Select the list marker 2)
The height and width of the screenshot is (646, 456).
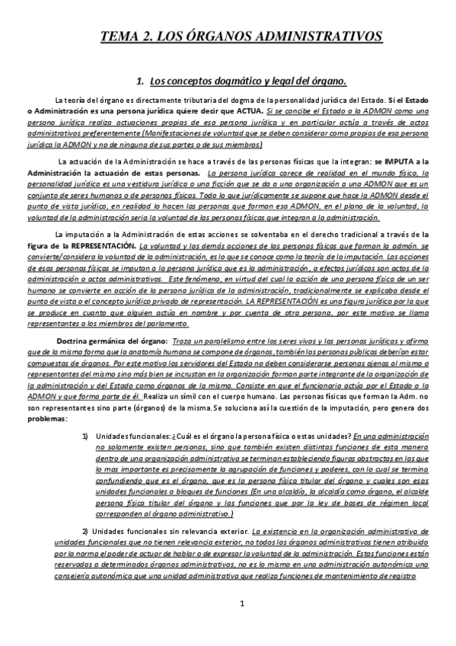pyautogui.click(x=85, y=529)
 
